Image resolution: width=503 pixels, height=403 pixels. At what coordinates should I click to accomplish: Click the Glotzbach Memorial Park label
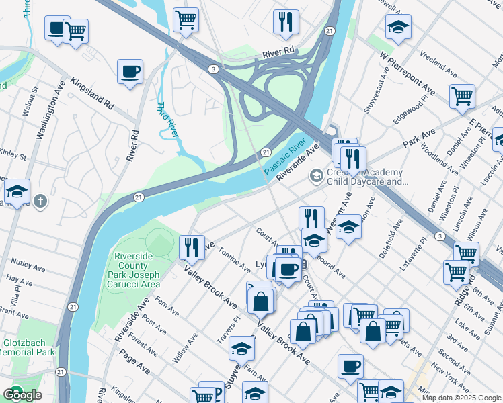tap(28, 347)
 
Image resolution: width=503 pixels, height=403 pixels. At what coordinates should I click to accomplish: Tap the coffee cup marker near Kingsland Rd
tap(130, 72)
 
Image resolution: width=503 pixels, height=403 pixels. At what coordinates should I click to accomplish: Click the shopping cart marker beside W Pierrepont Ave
tap(462, 96)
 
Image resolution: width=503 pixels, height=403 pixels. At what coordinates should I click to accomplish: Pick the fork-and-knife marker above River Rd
tap(286, 21)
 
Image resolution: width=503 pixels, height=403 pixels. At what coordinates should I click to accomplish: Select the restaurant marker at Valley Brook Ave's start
tap(192, 247)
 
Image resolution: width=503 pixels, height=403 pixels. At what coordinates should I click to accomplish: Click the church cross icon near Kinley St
tap(40, 200)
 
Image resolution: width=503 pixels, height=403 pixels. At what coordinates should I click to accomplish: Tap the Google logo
tap(22, 395)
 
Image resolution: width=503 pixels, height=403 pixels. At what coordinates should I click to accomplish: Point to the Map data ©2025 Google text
tap(461, 398)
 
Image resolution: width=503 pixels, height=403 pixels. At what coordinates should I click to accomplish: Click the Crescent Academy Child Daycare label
tap(367, 177)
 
